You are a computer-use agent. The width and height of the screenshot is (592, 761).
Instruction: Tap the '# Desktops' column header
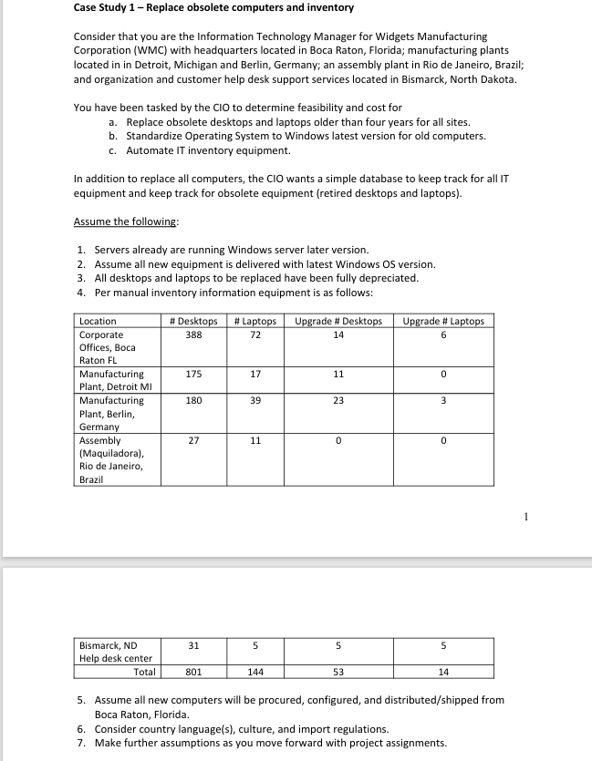tap(193, 321)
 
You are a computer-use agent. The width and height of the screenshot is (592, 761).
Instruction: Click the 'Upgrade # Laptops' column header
tap(443, 321)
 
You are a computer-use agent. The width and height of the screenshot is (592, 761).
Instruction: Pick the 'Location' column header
tap(98, 321)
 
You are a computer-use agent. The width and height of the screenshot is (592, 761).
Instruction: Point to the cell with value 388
tap(193, 334)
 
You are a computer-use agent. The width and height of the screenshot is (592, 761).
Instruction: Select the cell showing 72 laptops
tap(255, 334)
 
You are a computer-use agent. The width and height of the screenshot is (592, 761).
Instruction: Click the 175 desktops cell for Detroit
tap(193, 375)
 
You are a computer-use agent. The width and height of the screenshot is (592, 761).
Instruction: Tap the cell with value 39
tap(255, 401)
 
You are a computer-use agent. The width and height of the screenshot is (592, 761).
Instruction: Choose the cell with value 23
tap(338, 401)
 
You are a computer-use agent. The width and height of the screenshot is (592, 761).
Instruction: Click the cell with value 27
tap(193, 440)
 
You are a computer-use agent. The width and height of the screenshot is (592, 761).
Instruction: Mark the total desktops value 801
tap(193, 673)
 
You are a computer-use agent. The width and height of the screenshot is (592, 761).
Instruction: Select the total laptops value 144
tap(255, 673)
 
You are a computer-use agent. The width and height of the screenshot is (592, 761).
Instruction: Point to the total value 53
tap(338, 673)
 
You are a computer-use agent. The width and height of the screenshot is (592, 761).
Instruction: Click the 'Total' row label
tap(144, 673)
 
